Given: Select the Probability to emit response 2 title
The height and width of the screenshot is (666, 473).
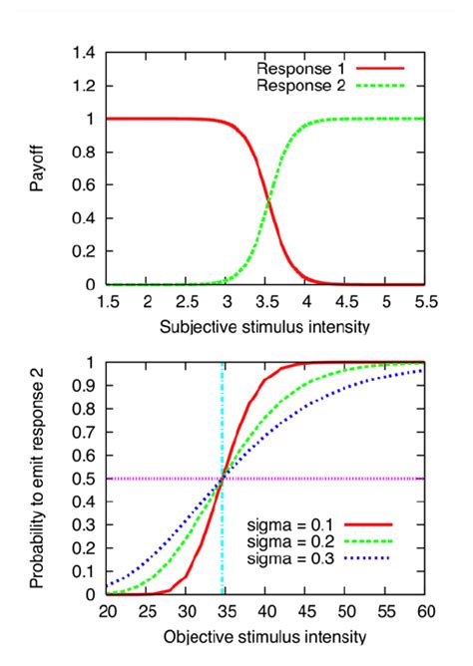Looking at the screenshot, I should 37,479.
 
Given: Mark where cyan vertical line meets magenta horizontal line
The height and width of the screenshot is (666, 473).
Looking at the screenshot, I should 223,479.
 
